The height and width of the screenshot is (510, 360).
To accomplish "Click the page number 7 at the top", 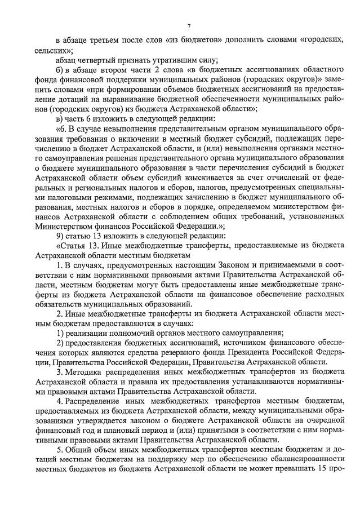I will tap(189, 26).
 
